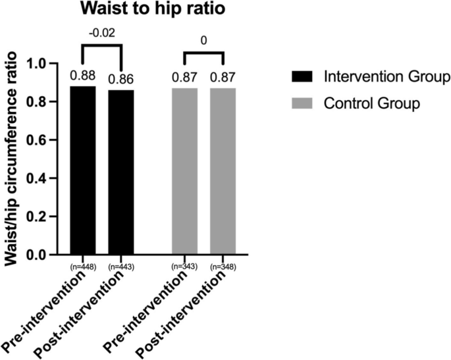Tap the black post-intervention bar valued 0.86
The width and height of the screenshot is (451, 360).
(x=120, y=172)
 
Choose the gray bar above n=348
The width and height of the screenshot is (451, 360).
(x=223, y=171)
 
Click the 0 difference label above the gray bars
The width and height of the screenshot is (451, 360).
(x=204, y=39)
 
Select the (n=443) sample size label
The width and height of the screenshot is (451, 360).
(x=120, y=267)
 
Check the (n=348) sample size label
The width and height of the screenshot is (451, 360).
(x=223, y=267)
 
